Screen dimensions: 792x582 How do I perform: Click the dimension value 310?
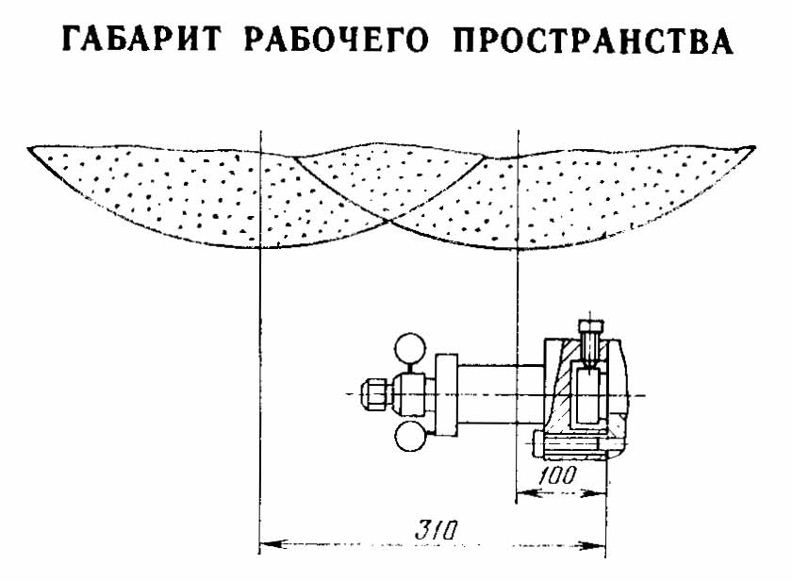click(x=437, y=529)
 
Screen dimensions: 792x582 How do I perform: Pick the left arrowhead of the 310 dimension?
click(x=266, y=542)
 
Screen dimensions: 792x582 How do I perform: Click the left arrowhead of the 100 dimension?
click(x=524, y=491)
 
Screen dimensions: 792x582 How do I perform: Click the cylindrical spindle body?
click(x=500, y=393)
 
